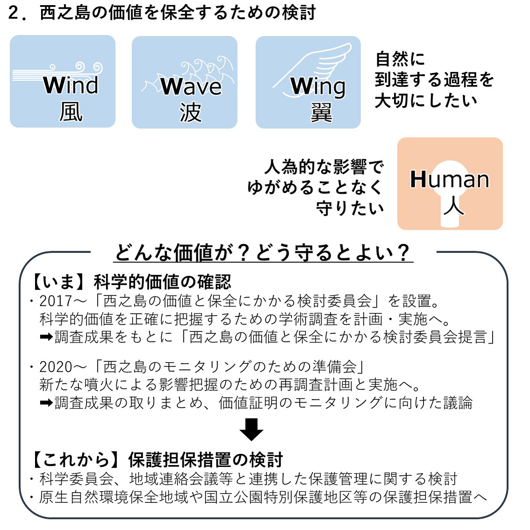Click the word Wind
(71, 85)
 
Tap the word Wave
(191, 86)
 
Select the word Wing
(318, 87)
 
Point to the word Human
(450, 179)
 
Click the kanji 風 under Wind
(71, 112)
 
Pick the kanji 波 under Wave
(191, 113)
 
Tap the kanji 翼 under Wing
(321, 113)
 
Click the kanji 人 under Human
(453, 206)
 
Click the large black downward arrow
(251, 429)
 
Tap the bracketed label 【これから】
(76, 459)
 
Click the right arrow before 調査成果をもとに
(46, 337)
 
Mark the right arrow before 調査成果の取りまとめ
(46, 403)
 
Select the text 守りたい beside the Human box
(350, 208)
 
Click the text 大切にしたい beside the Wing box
(426, 100)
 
